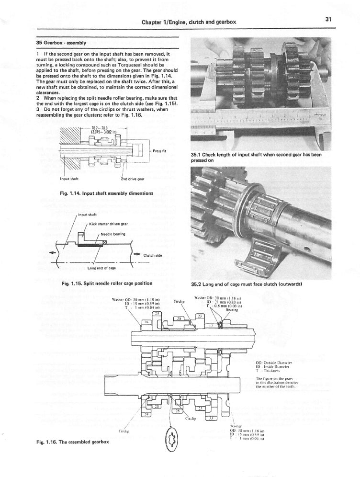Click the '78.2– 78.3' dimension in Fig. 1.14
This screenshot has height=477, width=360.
click(x=99, y=128)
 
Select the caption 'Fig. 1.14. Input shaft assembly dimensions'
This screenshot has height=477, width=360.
click(x=98, y=193)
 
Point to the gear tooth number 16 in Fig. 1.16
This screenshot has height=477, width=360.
click(x=147, y=323)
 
